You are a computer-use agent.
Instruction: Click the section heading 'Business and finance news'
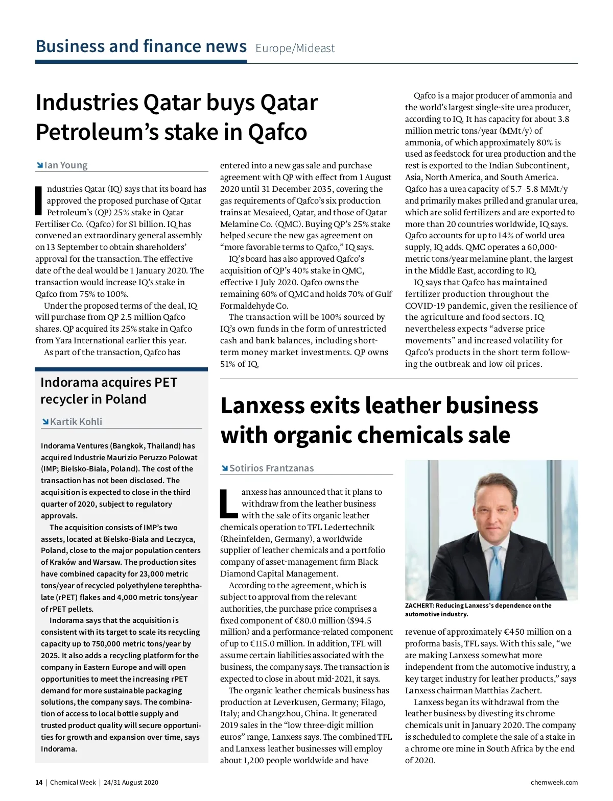(141, 46)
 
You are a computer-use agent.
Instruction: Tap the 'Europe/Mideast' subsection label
(295, 48)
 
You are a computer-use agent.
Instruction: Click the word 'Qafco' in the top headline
(277, 132)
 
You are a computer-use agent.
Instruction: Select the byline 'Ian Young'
(66, 165)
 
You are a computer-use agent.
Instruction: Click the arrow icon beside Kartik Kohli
(45, 421)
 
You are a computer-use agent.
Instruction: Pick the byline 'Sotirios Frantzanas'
(271, 468)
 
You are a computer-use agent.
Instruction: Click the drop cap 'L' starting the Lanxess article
(228, 503)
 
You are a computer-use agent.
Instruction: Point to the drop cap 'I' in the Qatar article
(38, 200)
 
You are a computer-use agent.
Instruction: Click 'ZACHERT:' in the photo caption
(419, 606)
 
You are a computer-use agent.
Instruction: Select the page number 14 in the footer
(39, 782)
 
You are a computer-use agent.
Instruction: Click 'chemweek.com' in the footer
(554, 782)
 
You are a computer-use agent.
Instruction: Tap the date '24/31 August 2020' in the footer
(131, 782)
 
